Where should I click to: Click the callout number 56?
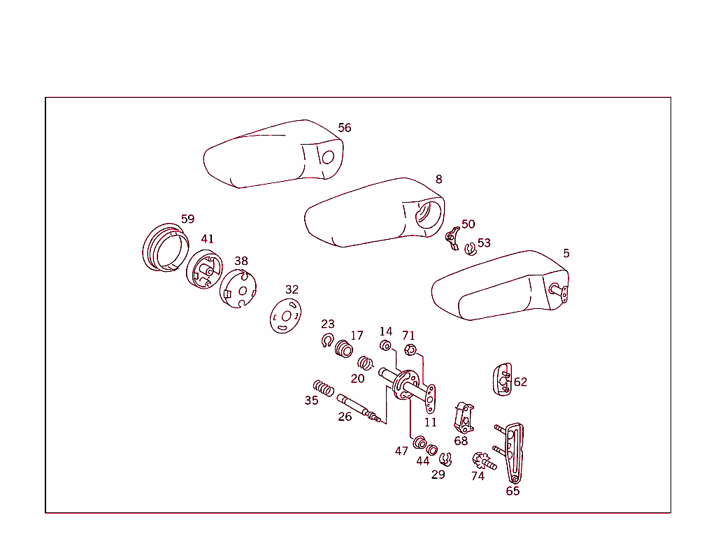[345, 128]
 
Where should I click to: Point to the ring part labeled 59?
[166, 248]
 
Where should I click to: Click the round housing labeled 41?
[203, 268]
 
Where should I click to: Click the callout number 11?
[430, 422]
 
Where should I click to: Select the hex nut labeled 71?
[411, 351]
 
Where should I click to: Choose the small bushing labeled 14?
[385, 347]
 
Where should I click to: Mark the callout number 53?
[484, 243]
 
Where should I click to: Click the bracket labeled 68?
[462, 417]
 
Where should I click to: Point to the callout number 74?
[478, 476]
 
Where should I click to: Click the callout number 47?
[401, 452]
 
